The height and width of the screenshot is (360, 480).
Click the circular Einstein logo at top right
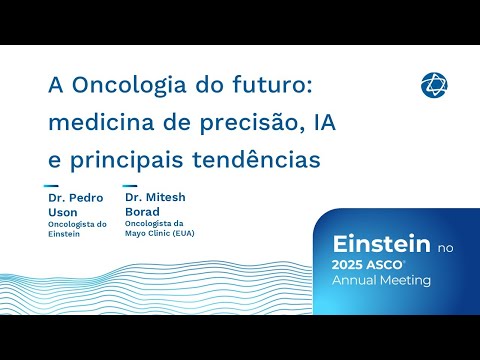(x=434, y=85)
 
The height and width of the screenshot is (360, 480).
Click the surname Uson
(x=62, y=211)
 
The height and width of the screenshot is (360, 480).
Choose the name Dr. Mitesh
(x=155, y=197)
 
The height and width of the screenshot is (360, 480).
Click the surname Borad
(x=143, y=210)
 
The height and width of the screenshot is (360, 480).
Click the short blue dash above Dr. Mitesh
(x=130, y=185)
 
